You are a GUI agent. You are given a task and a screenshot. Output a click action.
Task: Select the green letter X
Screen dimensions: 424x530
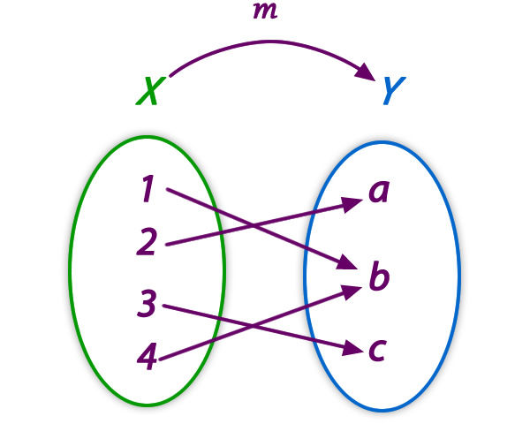coord(149,91)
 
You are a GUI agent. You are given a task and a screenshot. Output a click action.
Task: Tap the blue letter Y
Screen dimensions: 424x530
coord(394,91)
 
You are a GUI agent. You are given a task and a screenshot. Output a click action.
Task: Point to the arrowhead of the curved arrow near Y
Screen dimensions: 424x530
coord(365,73)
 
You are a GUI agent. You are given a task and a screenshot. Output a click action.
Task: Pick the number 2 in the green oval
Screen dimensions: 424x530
coord(146,242)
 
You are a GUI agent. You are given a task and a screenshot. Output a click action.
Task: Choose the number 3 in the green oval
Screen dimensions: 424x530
coord(147,305)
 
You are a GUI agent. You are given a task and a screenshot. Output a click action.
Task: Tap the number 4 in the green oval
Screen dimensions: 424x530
coord(148,357)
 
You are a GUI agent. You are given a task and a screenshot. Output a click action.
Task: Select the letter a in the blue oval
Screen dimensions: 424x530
coord(379,192)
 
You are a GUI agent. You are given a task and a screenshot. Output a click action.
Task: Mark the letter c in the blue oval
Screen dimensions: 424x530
coord(377,349)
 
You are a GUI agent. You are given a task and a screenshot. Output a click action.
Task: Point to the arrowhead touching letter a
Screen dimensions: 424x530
coord(356,203)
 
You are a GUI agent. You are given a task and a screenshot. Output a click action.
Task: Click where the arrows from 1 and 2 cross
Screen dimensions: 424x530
coord(254,225)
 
